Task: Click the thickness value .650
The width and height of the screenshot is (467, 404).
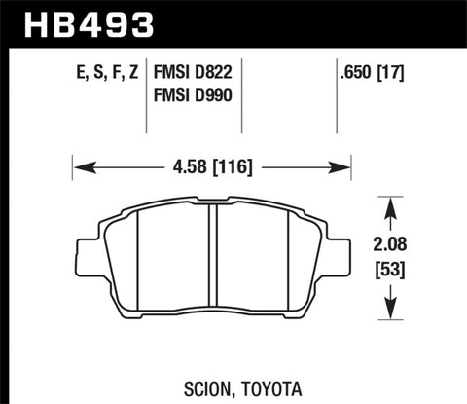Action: click(355, 71)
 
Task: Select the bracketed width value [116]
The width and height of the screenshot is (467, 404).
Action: click(234, 166)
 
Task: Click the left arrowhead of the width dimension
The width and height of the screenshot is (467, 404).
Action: click(79, 166)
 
